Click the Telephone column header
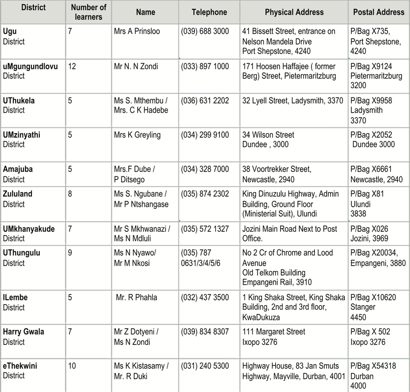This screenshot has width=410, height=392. pos(209,12)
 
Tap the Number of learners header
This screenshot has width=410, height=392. pos(89,12)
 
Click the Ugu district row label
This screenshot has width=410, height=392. pos(14,36)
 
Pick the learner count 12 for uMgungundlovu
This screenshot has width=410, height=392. pos(72,66)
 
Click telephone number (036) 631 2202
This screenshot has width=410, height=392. pos(205,100)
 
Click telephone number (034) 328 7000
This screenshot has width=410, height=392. pos(205,169)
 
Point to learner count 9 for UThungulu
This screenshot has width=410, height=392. pos(70,253)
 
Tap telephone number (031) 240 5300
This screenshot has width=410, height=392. pos(205,366)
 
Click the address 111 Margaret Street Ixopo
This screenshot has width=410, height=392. pos(274,336)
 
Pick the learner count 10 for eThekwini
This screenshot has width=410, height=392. pos(72,366)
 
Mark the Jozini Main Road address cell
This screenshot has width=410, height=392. pos(290,233)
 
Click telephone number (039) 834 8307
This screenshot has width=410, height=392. pos(205,332)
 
